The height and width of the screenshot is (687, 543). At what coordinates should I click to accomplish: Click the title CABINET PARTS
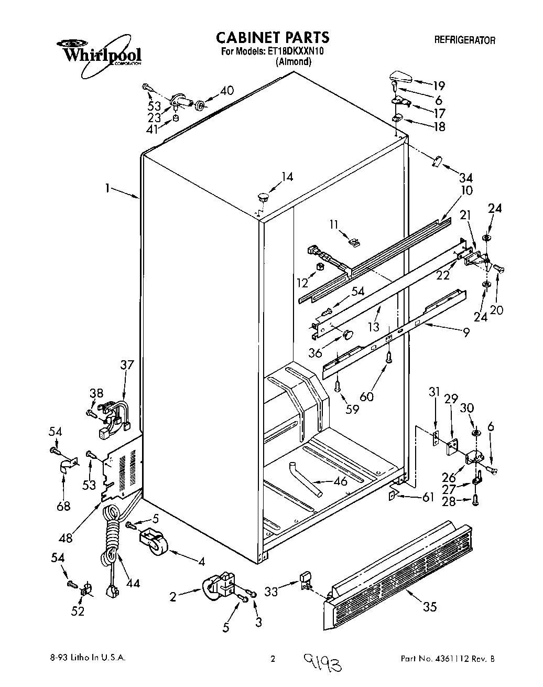click(273, 37)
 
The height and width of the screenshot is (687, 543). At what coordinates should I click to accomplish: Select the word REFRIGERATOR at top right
click(464, 40)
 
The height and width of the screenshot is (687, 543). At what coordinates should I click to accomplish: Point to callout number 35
click(430, 608)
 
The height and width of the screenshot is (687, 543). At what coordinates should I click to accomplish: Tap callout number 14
click(287, 177)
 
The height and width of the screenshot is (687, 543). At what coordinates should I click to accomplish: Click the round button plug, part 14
click(263, 198)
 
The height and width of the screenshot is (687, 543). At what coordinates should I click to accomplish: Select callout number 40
click(226, 90)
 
